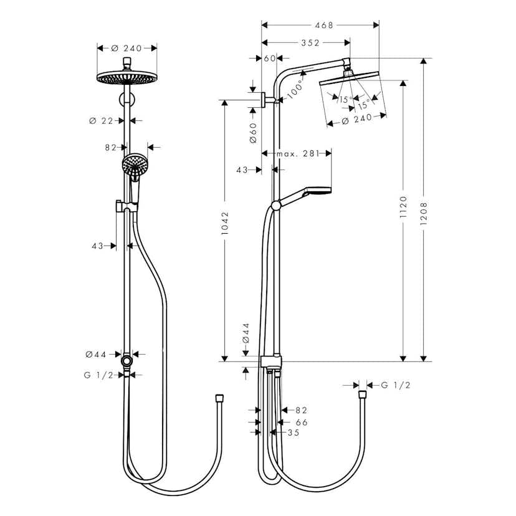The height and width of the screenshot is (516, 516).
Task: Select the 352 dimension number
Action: (x=310, y=43)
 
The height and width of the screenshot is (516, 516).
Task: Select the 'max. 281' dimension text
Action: (x=297, y=153)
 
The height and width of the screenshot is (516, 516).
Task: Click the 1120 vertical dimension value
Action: (x=403, y=208)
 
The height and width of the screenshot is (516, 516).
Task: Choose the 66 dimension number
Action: (x=302, y=422)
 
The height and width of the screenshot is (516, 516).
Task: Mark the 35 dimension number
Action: (x=293, y=432)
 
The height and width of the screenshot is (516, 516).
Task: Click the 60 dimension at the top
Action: (x=269, y=58)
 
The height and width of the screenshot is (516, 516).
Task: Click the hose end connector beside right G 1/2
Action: (x=361, y=394)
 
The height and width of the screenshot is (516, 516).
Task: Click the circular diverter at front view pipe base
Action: (x=127, y=361)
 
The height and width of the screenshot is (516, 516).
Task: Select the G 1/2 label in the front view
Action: (x=98, y=375)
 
